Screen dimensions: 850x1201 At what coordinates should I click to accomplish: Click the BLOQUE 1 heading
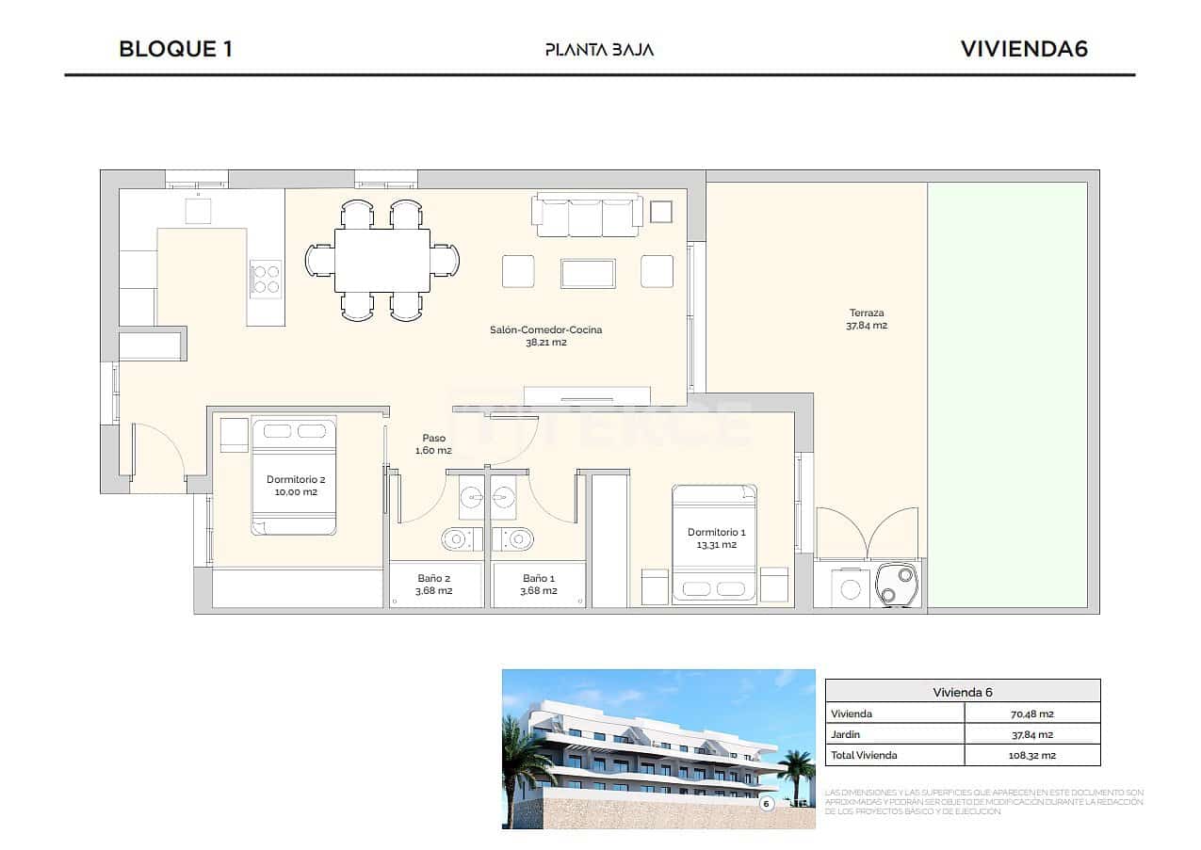(175, 49)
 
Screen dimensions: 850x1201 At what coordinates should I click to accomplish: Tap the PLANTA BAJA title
(599, 50)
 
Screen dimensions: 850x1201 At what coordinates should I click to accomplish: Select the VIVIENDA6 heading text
(1024, 49)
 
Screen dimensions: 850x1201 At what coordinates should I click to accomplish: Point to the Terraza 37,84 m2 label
(867, 319)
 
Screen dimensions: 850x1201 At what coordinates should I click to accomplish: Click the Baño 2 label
(434, 585)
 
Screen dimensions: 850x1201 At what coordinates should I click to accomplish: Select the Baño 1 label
(539, 585)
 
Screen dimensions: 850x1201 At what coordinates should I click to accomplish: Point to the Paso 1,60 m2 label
(433, 444)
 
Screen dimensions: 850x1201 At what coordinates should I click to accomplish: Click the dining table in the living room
(382, 261)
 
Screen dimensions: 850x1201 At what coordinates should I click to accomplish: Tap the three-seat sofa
(588, 216)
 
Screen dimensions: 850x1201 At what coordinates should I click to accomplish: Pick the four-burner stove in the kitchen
(266, 278)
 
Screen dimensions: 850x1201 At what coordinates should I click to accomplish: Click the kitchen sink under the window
(198, 211)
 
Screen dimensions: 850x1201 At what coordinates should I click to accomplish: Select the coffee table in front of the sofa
(588, 273)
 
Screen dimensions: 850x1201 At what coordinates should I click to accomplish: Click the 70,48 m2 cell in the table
(1031, 714)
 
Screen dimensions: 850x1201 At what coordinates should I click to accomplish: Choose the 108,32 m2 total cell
(1031, 755)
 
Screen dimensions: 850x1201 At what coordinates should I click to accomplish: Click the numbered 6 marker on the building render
(766, 803)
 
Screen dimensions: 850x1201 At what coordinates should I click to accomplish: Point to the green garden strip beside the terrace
(1006, 395)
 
